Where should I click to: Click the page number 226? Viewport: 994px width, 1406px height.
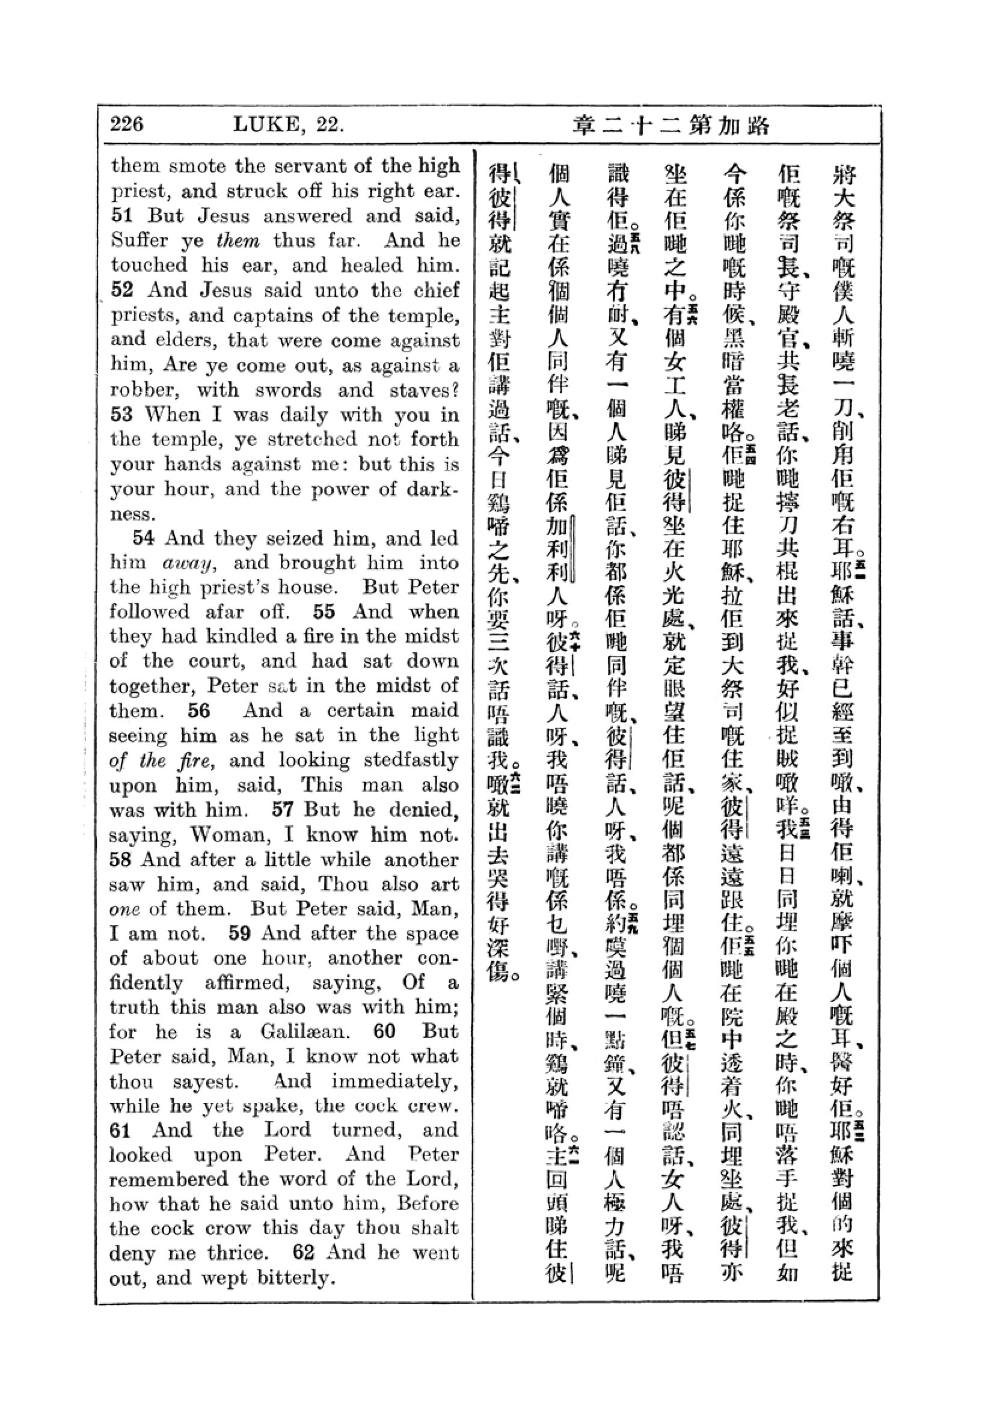[x=127, y=124]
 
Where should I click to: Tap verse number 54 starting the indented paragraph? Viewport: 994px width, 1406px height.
[x=143, y=538]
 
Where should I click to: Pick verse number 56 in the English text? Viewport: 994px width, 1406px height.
[x=199, y=711]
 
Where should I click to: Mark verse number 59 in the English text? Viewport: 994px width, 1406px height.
[x=241, y=934]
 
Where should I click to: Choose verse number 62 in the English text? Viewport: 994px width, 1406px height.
[x=303, y=1252]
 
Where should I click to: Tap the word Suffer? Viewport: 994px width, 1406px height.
[x=140, y=240]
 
